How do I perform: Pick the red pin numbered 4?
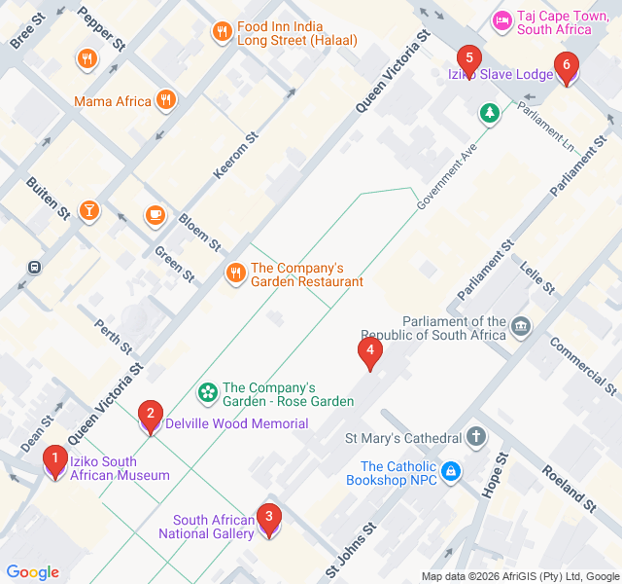369,352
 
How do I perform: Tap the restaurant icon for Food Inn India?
223,32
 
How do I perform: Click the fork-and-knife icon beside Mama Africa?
167,99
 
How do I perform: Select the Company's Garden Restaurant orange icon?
235,274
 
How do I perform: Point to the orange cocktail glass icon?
88,209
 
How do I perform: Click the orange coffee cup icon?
154,214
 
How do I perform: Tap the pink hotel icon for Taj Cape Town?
502,20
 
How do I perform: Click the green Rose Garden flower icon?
207,393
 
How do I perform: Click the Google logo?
33,572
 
